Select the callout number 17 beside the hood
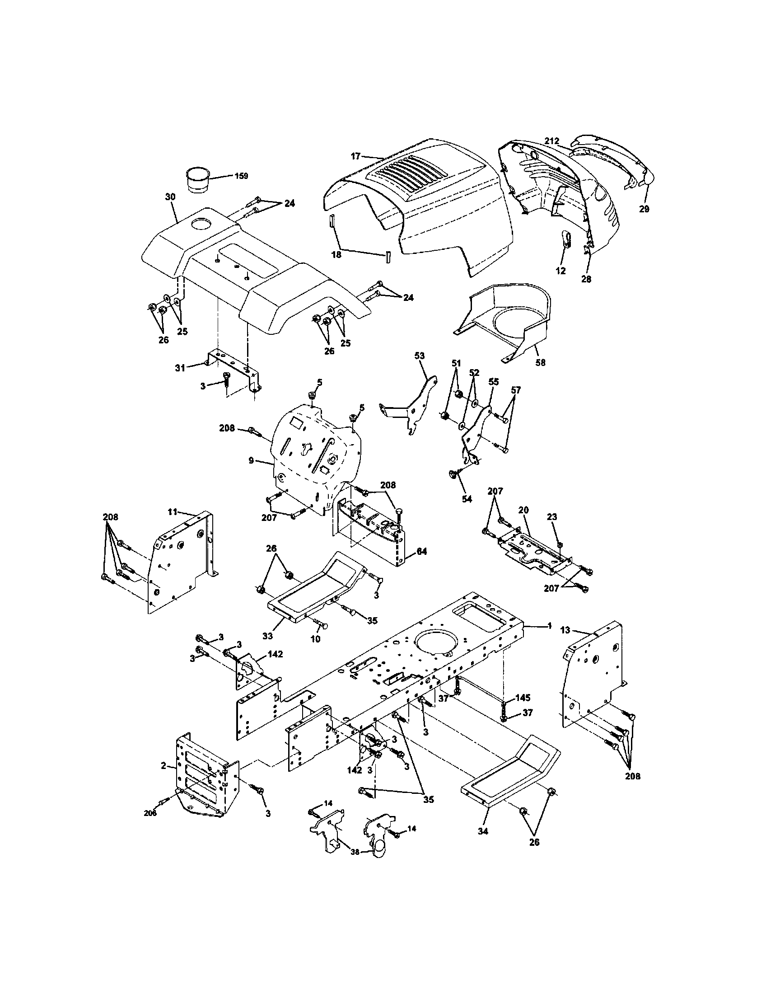click(355, 156)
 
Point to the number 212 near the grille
click(552, 141)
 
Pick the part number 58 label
click(541, 362)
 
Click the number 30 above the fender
click(170, 197)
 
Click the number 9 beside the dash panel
click(251, 460)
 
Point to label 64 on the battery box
click(422, 552)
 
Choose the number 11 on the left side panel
click(172, 511)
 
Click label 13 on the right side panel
click(565, 630)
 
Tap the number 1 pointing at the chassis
click(550, 626)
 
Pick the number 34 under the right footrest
click(483, 831)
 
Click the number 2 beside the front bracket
click(163, 766)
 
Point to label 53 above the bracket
click(420, 356)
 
